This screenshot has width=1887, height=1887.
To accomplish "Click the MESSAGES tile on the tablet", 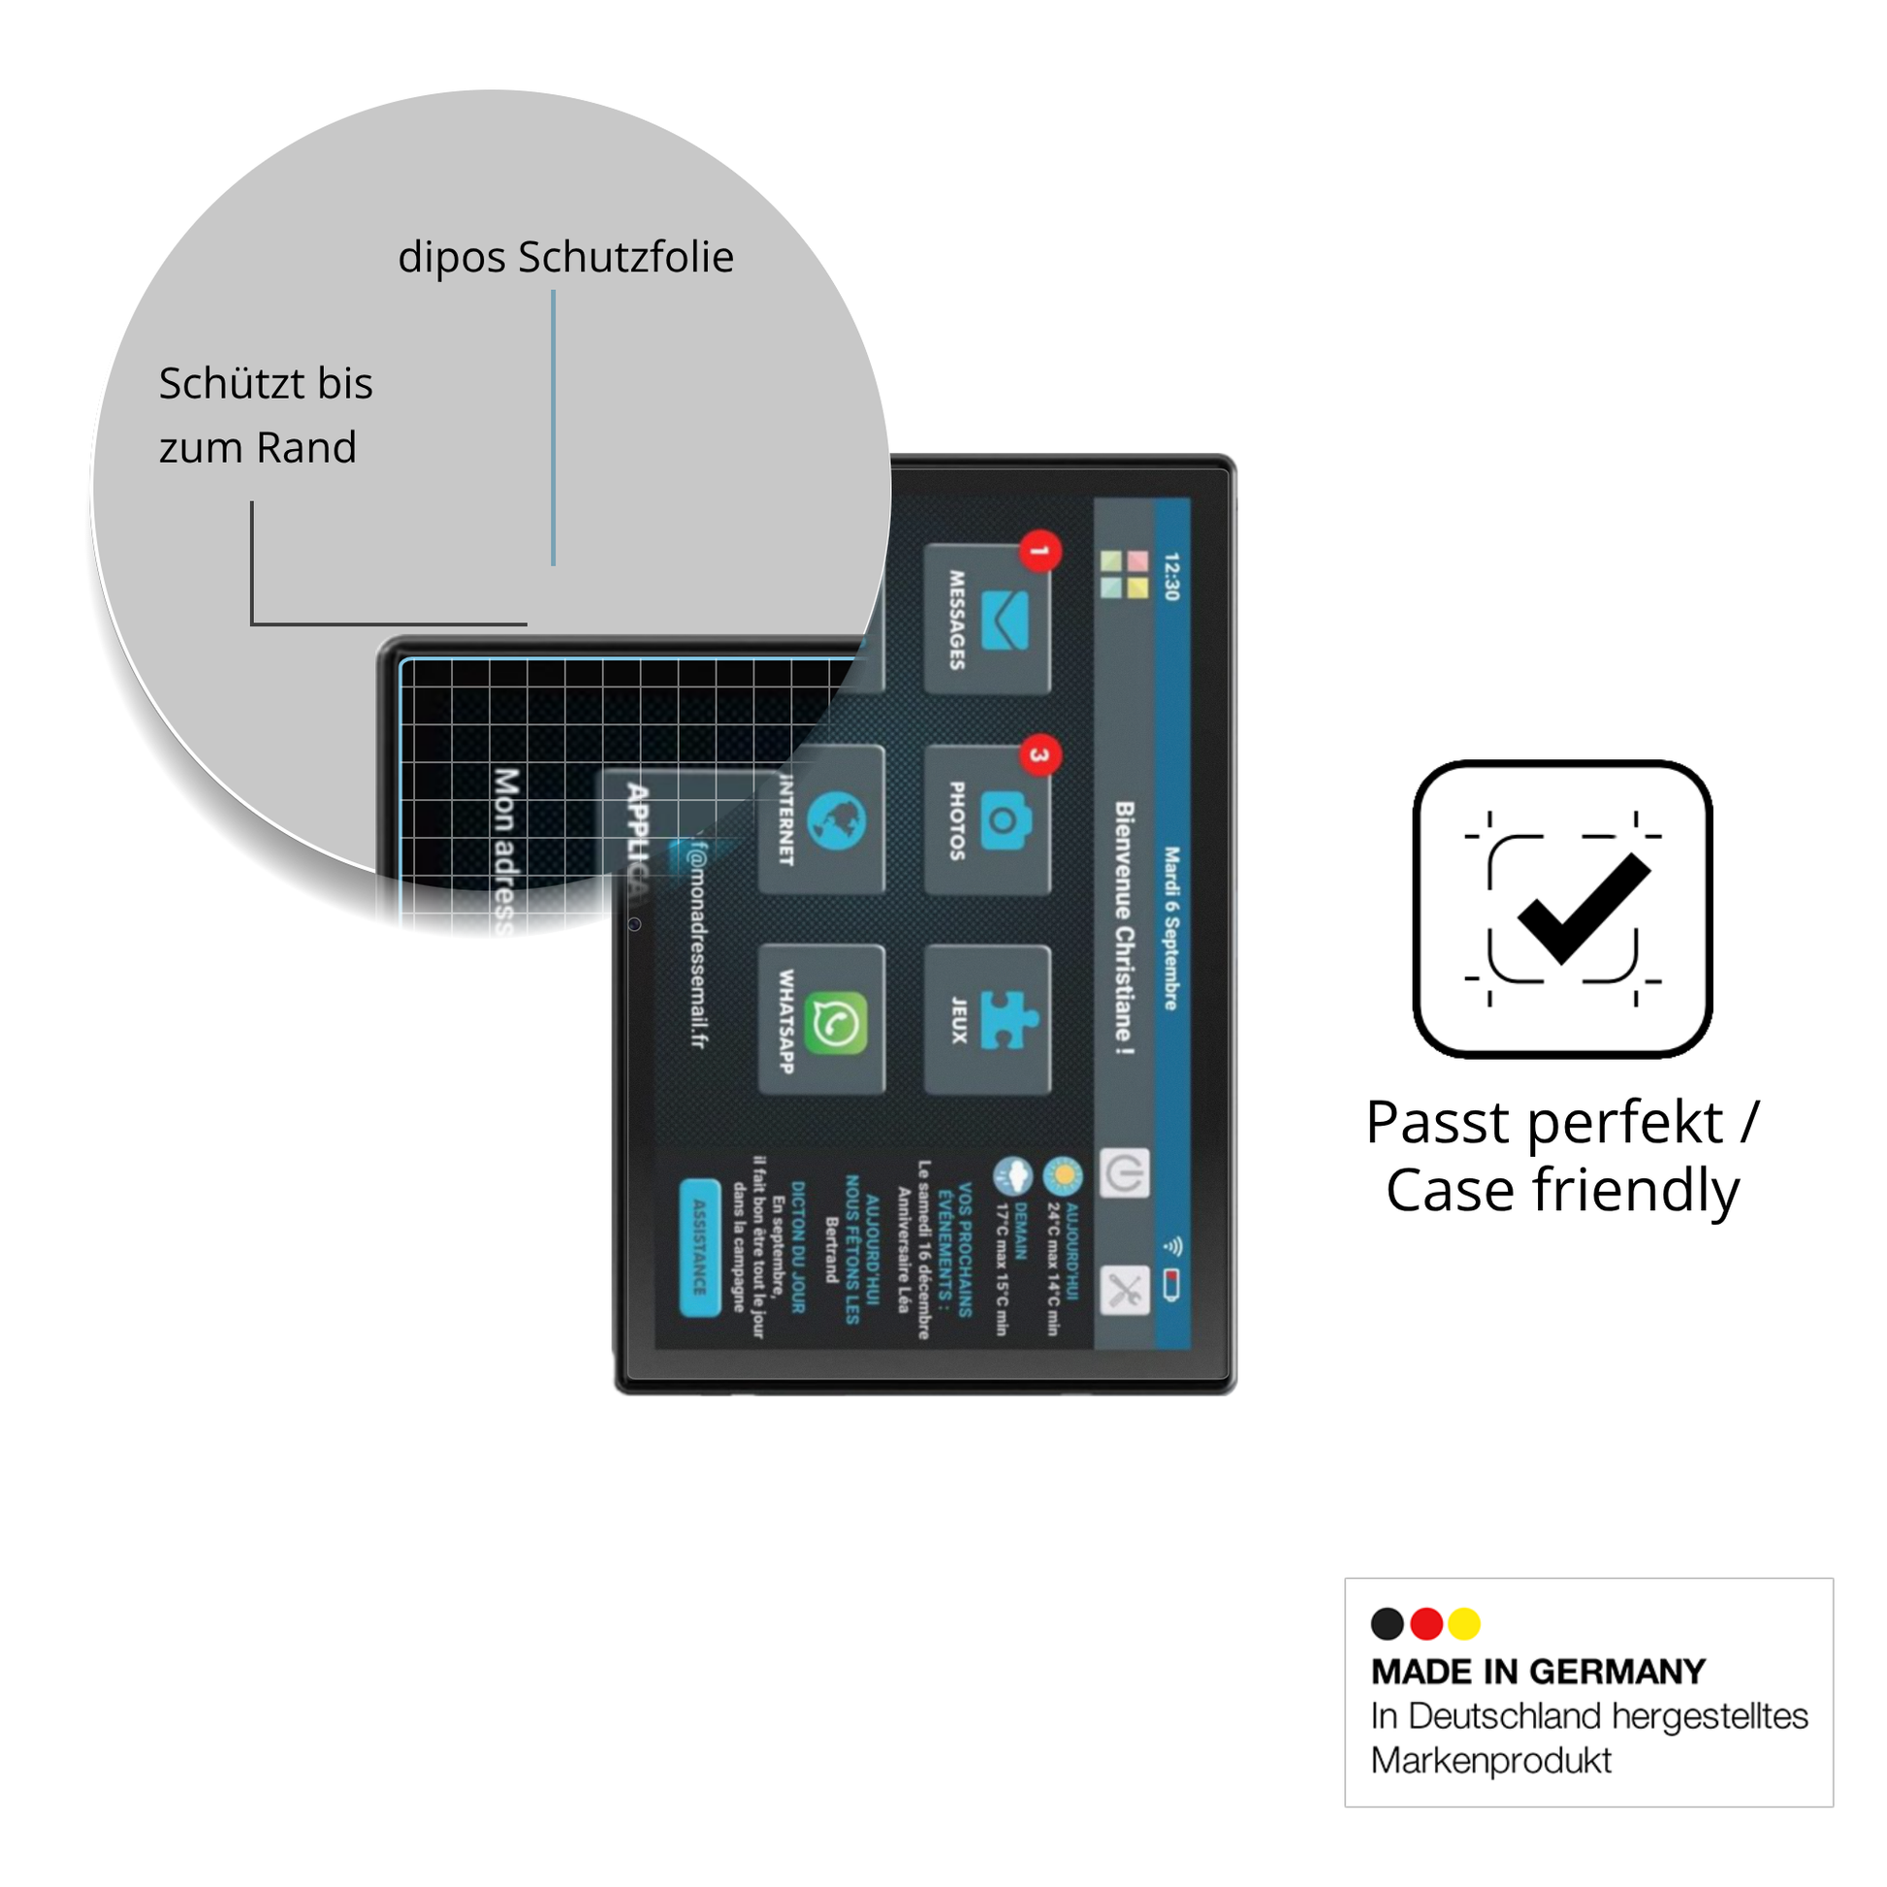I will click(x=986, y=620).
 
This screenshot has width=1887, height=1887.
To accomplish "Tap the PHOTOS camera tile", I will click(x=986, y=820).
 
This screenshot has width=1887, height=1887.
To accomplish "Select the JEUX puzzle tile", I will click(x=986, y=1020).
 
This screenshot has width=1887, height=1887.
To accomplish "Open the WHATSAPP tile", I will click(x=822, y=1020).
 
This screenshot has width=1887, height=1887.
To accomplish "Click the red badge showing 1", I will click(x=1040, y=552).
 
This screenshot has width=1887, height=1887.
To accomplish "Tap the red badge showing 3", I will click(x=1040, y=755).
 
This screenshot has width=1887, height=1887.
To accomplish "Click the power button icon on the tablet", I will click(x=1125, y=1173).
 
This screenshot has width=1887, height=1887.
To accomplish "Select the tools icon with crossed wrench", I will click(x=1125, y=1290).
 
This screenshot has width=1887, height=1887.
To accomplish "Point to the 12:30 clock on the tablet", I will click(x=1172, y=576).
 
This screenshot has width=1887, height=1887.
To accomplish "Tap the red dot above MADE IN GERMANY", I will click(x=1427, y=1624).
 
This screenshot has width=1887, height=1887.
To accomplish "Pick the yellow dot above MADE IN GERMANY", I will click(x=1464, y=1624).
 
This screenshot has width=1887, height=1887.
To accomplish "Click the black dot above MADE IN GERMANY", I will click(x=1388, y=1624).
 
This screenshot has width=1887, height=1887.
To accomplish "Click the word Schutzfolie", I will click(x=626, y=258).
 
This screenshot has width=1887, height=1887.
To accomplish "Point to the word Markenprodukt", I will click(x=1491, y=1760).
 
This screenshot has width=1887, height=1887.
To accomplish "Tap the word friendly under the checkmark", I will click(x=1636, y=1191).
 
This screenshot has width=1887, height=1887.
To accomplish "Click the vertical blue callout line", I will click(x=554, y=428).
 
